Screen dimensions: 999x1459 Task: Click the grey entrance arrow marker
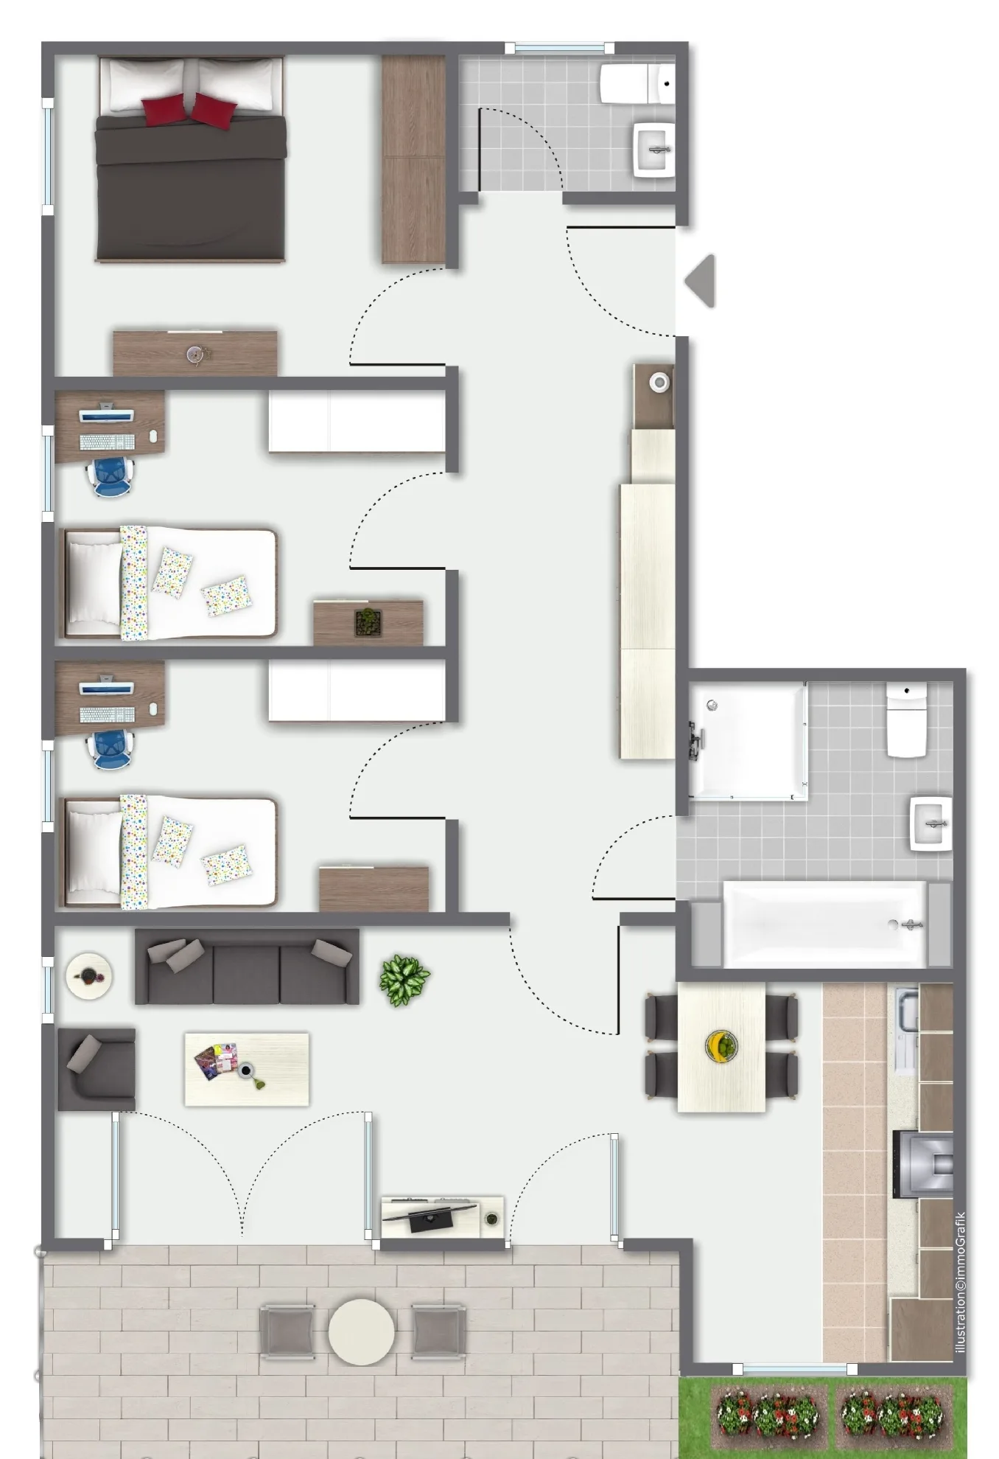701,280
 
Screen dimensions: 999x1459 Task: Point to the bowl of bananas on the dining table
721,1046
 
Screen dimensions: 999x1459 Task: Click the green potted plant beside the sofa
404,980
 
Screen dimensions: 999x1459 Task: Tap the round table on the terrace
361,1331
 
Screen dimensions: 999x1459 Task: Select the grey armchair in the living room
97,1069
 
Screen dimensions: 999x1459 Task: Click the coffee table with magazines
247,1069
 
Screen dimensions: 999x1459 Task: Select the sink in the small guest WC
654,150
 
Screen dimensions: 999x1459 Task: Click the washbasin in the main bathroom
931,823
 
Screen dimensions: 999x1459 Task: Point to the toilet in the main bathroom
906,720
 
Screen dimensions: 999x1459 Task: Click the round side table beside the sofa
89,976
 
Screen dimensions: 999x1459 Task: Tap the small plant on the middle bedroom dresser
368,622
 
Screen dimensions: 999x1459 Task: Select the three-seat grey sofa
247,966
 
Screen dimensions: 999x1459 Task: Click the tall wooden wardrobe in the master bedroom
413,159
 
